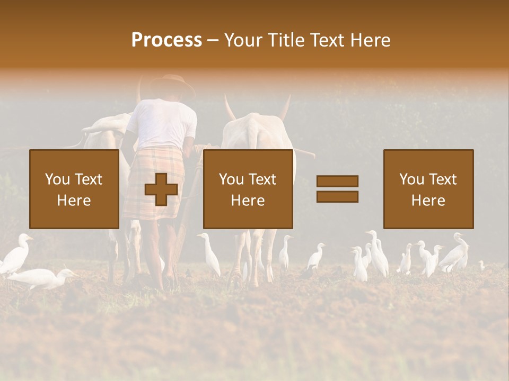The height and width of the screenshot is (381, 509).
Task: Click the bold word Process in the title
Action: click(x=166, y=40)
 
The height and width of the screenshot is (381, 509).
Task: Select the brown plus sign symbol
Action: click(x=161, y=189)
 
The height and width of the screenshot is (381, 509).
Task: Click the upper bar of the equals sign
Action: click(x=337, y=181)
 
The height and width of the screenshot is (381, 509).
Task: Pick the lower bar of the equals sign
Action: click(x=337, y=196)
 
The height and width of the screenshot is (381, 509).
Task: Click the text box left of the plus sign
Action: click(x=74, y=189)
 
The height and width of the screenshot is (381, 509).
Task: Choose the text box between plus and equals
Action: click(x=248, y=189)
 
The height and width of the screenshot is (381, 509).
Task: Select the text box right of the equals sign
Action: click(x=428, y=189)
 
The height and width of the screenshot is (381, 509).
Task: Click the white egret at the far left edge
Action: click(x=16, y=254)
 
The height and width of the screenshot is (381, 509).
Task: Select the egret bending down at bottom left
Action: click(x=42, y=278)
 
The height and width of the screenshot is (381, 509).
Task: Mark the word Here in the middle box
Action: click(x=248, y=200)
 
